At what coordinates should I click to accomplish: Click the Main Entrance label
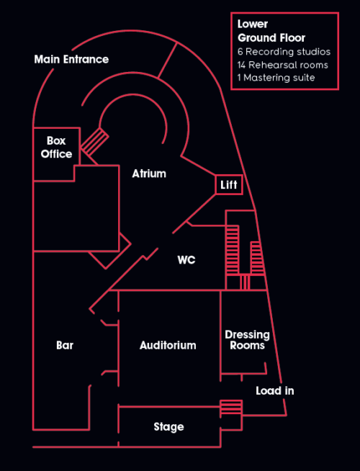pos(71,59)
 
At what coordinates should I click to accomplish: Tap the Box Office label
pos(56,148)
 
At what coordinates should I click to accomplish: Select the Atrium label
pos(149,174)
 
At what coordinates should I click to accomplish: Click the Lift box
pos(229,185)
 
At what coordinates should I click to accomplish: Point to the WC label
pos(186,260)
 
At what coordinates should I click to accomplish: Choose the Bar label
pos(65,345)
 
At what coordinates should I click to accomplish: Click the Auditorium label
pos(168,345)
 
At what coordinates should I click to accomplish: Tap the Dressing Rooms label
pos(247,340)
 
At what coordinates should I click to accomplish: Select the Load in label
pos(275,390)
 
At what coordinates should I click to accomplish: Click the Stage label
pos(168,427)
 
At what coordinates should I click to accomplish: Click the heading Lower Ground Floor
pos(271,31)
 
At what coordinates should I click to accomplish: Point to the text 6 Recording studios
pos(283,52)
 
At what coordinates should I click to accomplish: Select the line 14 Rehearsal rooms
pos(282,65)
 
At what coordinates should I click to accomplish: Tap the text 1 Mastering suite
pos(276,78)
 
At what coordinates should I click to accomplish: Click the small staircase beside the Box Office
pos(94,141)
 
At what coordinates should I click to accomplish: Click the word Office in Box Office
pos(56,154)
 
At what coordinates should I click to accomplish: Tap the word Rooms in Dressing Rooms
pos(247,346)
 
